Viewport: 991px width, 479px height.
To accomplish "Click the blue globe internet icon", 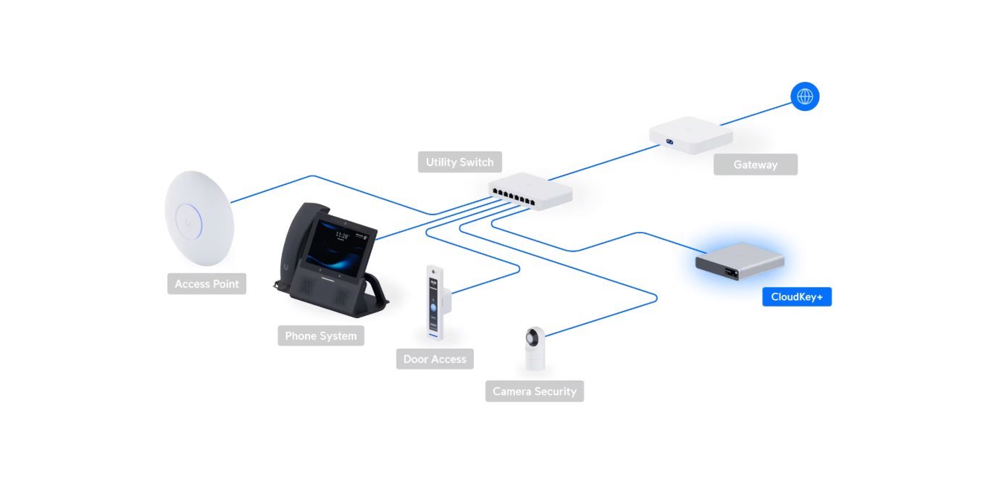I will pyautogui.click(x=805, y=96).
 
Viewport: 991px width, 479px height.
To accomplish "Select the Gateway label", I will pyautogui.click(x=755, y=164).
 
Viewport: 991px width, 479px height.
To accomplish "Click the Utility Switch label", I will pyautogui.click(x=460, y=162).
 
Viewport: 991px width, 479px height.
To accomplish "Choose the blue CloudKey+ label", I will pyautogui.click(x=796, y=297).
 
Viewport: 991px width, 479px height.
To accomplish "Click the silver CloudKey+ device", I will pyautogui.click(x=740, y=264).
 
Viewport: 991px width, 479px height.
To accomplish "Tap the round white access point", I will pyautogui.click(x=199, y=217).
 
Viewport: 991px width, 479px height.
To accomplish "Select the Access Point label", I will pyautogui.click(x=206, y=284).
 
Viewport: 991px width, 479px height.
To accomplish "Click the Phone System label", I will pyautogui.click(x=320, y=336).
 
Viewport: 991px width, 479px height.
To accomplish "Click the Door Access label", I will pyautogui.click(x=435, y=359).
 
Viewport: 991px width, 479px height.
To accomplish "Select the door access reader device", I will pyautogui.click(x=435, y=303).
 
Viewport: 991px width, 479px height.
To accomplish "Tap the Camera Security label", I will pyautogui.click(x=535, y=391).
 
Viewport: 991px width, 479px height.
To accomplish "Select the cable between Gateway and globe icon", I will pyautogui.click(x=757, y=117).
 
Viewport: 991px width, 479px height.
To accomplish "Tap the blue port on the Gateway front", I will pyautogui.click(x=670, y=141).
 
